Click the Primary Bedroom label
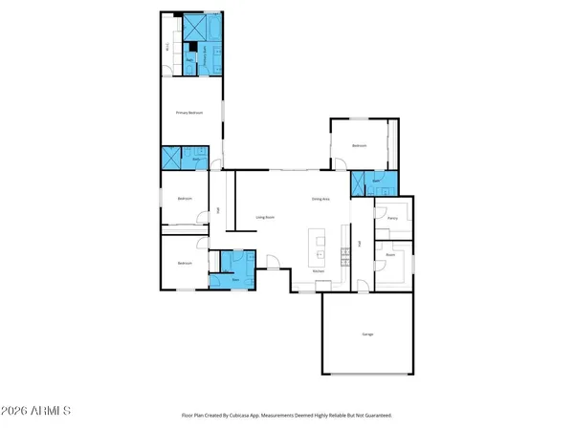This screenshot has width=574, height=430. click(189, 113)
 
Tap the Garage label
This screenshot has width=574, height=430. click(367, 334)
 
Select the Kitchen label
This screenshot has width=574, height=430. click(319, 271)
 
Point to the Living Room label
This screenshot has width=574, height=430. click(265, 218)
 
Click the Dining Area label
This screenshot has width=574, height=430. click(320, 199)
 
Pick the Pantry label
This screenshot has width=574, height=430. click(392, 218)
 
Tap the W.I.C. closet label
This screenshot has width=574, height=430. click(168, 46)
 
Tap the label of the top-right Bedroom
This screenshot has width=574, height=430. click(359, 145)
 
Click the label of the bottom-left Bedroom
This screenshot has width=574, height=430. click(185, 263)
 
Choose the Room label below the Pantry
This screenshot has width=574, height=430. click(390, 255)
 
